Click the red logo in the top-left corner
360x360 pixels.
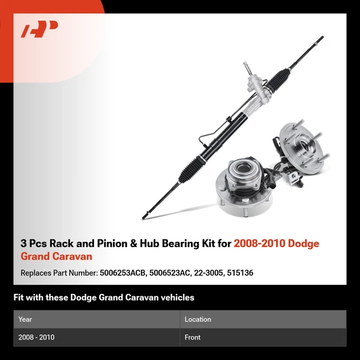click(x=39, y=29)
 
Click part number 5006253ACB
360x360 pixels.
click(x=123, y=273)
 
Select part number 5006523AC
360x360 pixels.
click(x=170, y=273)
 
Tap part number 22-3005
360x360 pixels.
click(x=208, y=273)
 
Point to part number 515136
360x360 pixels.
click(x=240, y=273)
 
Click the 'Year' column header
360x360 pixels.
click(x=25, y=319)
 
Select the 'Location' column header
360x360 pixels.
click(x=197, y=319)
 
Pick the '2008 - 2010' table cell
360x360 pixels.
click(x=36, y=337)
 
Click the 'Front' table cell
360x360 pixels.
click(x=193, y=337)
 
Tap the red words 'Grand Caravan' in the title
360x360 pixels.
click(x=56, y=256)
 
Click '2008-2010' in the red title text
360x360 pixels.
click(x=259, y=244)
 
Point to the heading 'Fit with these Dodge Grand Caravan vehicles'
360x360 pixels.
click(x=104, y=298)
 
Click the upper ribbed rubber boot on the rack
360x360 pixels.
click(x=278, y=80)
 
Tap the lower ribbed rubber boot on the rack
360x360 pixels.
click(x=190, y=169)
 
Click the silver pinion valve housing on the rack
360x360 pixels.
click(x=256, y=92)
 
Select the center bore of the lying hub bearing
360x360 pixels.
click(x=242, y=169)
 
